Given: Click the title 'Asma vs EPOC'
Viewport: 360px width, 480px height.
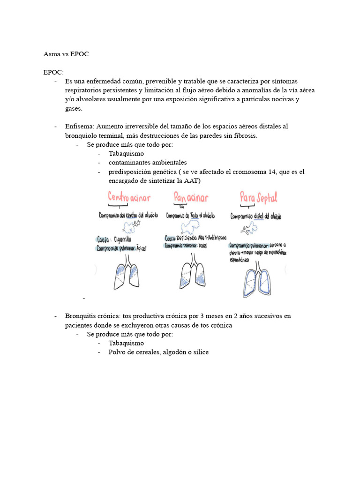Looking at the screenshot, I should (x=66, y=54).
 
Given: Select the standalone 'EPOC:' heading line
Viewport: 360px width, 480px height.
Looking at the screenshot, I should (x=53, y=72).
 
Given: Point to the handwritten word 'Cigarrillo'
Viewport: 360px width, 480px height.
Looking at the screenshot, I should (x=122, y=239).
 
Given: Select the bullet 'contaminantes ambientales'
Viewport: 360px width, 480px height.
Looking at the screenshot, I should (x=147, y=163).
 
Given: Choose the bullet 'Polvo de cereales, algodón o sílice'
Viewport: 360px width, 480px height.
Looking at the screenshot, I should (x=158, y=352).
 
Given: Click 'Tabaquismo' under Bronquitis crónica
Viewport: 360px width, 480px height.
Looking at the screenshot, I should (x=126, y=343).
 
